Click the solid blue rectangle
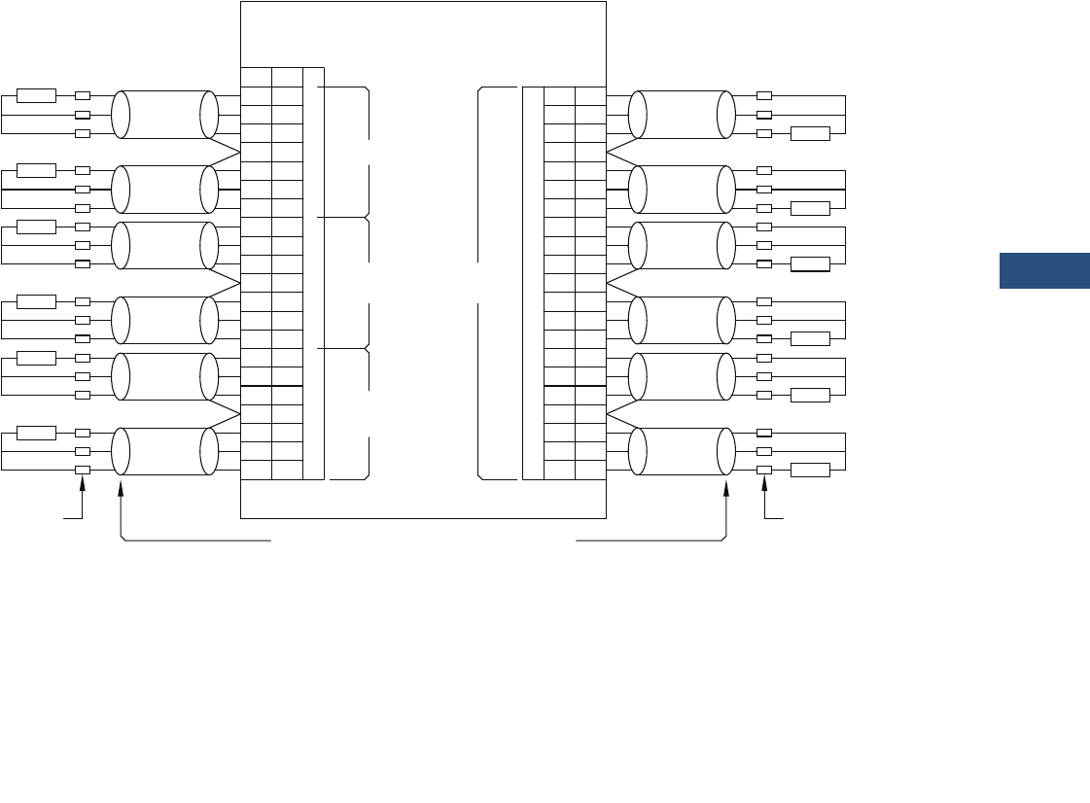click(1044, 271)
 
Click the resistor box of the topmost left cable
click(37, 95)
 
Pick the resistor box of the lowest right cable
click(810, 471)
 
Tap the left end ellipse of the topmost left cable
click(121, 115)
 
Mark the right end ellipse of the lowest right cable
click(726, 452)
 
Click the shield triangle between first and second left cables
click(228, 152)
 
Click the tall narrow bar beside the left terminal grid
click(313, 273)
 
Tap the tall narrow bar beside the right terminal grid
click(533, 283)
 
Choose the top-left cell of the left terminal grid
click(256, 77)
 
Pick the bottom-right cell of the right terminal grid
click(589, 471)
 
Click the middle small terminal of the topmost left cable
click(83, 115)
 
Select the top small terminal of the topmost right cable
click(764, 96)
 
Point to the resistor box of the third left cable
click(37, 227)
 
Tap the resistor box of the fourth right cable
click(810, 338)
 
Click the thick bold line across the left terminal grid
click(271, 386)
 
